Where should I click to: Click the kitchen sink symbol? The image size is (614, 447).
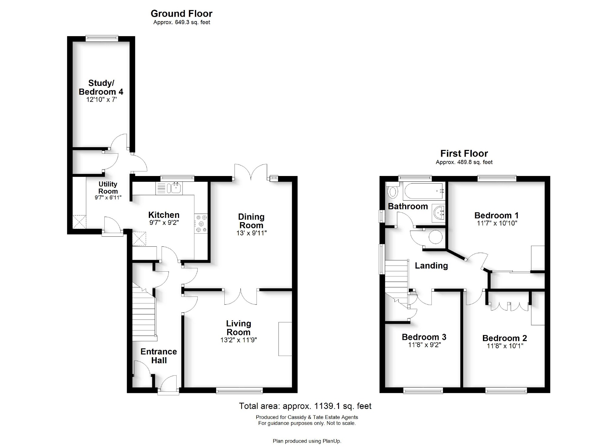pyautogui.click(x=175, y=188)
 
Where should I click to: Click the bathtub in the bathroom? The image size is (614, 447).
pyautogui.click(x=424, y=191)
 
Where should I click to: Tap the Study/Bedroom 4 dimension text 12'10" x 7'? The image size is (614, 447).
pyautogui.click(x=101, y=100)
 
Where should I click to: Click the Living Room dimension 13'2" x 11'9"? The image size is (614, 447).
pyautogui.click(x=239, y=340)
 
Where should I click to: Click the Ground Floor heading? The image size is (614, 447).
pyautogui.click(x=181, y=14)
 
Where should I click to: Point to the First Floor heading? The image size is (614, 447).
pyautogui.click(x=464, y=154)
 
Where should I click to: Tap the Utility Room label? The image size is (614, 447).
pyautogui.click(x=108, y=188)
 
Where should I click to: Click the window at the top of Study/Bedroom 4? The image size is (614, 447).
pyautogui.click(x=102, y=38)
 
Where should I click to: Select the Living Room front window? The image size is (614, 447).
pyautogui.click(x=239, y=391)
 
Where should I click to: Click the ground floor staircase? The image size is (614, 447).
pyautogui.click(x=144, y=316)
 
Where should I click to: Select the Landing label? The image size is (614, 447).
pyautogui.click(x=431, y=266)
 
